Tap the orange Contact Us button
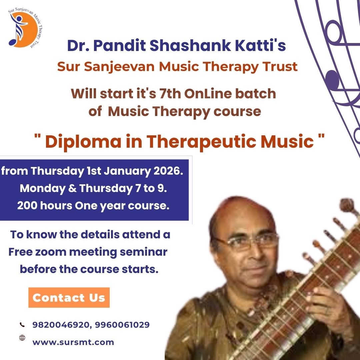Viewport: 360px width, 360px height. pos(69,297)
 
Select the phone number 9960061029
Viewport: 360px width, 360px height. pos(122,325)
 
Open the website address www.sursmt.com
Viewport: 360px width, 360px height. pos(73,342)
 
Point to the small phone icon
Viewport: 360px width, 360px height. pos(22,324)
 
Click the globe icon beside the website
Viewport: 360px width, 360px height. pos(22,338)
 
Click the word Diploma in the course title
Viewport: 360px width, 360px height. pos(83,142)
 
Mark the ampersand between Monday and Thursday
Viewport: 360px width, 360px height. pos(73,188)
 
